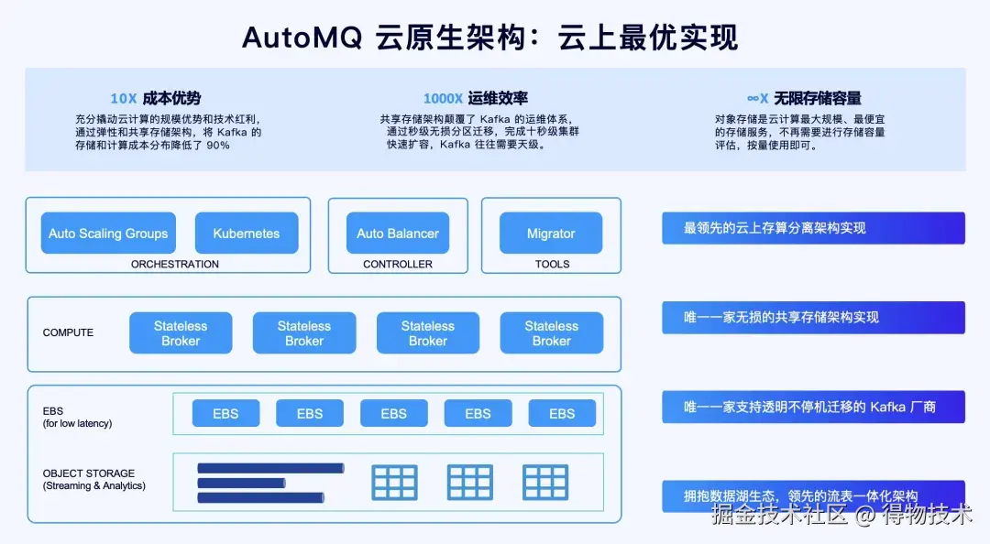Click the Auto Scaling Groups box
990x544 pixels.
coord(108,234)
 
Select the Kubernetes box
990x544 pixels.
coord(247,234)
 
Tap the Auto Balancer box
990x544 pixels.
coord(398,234)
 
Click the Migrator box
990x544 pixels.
coord(551,234)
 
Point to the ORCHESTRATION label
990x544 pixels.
coord(175,265)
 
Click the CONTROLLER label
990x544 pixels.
coord(398,265)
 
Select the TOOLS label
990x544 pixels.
coord(552,265)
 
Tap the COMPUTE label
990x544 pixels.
coord(68,333)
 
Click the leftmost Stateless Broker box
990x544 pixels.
coord(181,333)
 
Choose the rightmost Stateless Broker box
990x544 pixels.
coord(551,333)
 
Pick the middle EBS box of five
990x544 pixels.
coord(393,414)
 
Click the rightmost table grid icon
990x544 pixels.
coord(545,482)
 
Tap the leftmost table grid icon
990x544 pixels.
coord(394,482)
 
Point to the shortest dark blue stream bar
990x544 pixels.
coord(242,483)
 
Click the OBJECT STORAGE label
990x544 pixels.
coord(89,473)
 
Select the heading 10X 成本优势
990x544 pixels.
coord(156,98)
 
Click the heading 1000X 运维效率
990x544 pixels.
coord(475,98)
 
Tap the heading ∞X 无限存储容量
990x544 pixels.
coord(804,98)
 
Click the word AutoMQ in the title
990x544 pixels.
coord(293,37)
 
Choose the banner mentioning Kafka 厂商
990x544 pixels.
coord(813,407)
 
